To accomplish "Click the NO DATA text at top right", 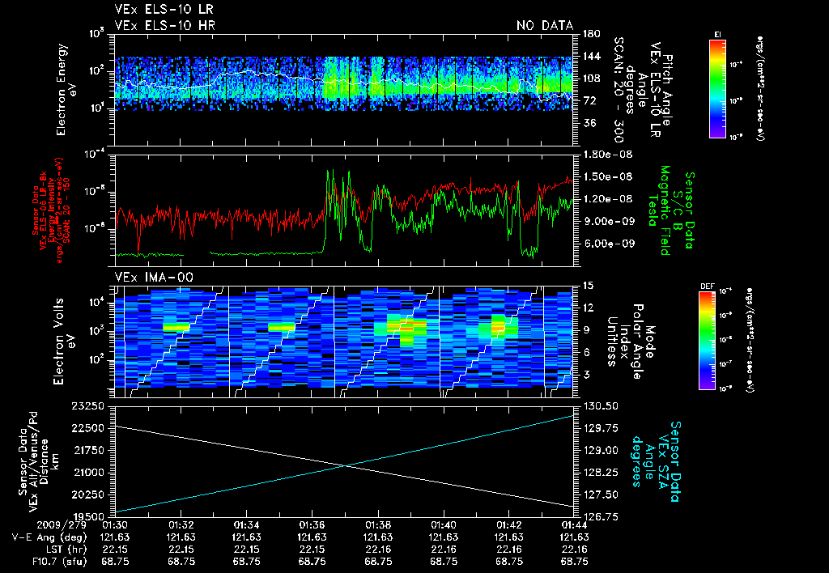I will [545, 25].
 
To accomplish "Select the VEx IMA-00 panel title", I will [147, 277].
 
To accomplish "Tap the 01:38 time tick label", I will [379, 525].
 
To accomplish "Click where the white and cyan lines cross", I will [346, 465].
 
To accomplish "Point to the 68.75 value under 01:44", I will [575, 561].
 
